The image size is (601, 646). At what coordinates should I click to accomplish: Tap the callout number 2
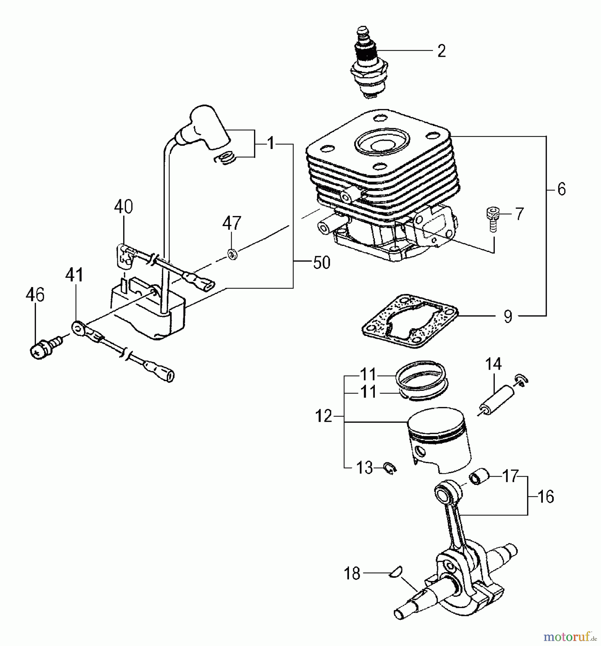pos(441,51)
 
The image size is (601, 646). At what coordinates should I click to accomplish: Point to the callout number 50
pos(321,263)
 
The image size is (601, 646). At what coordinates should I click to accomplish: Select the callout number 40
pos(124,207)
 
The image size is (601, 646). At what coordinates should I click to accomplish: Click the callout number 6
pos(562,189)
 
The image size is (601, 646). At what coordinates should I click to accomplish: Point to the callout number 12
pos(323,416)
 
